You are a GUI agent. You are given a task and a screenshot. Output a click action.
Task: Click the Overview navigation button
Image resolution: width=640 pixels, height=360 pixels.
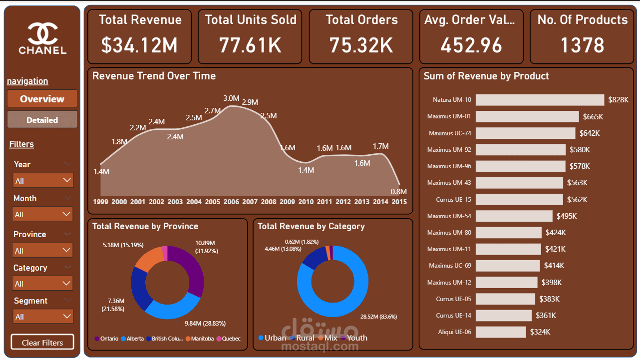pos(42,99)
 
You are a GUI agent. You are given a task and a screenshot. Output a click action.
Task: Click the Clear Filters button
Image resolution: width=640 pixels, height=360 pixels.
pos(42,342)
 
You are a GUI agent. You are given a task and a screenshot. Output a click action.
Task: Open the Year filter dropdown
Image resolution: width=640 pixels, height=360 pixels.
pos(43,181)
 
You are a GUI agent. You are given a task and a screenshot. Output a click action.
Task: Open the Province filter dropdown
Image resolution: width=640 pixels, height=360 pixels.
pos(42,251)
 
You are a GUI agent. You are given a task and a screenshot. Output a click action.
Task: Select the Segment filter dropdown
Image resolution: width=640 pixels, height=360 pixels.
pos(43,316)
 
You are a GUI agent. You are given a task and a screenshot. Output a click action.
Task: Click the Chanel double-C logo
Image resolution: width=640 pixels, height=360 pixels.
pos(43,34)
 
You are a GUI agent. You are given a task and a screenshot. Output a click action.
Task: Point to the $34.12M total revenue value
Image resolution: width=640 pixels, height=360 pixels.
pos(139,45)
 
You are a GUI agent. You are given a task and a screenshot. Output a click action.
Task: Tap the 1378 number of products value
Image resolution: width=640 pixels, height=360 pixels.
pos(582,45)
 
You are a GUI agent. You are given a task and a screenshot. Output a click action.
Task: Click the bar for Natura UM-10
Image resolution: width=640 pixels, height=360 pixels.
pos(540,100)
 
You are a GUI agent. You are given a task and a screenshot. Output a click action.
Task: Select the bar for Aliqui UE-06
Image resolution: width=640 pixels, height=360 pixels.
pos(501,332)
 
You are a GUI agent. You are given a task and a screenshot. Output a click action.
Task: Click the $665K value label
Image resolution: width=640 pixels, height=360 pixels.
pos(593,116)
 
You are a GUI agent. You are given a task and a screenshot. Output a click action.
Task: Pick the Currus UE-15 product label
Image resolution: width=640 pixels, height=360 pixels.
pos(453,199)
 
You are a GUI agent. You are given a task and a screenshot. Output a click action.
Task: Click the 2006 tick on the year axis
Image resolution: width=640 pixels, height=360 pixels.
pos(231,202)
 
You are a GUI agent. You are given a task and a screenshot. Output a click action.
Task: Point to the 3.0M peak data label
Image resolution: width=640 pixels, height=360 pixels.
pos(231,98)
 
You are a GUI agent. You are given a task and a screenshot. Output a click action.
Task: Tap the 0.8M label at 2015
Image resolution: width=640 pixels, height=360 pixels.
pos(398,191)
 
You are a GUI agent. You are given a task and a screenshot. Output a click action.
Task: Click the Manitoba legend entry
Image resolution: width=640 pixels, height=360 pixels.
pos(200,339)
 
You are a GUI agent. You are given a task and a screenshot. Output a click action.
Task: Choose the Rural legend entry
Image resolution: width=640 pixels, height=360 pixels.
pos(303,338)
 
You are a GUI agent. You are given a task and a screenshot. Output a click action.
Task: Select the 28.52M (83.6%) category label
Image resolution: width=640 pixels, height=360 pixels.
pos(378,317)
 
